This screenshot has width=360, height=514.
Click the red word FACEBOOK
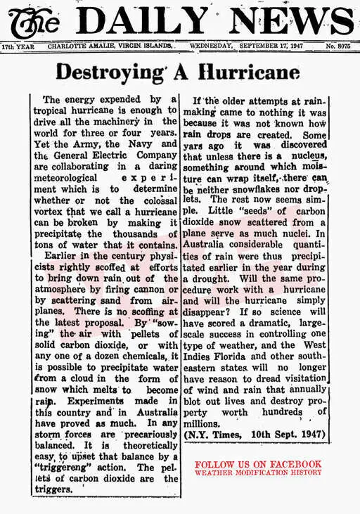click(x=295, y=464)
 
